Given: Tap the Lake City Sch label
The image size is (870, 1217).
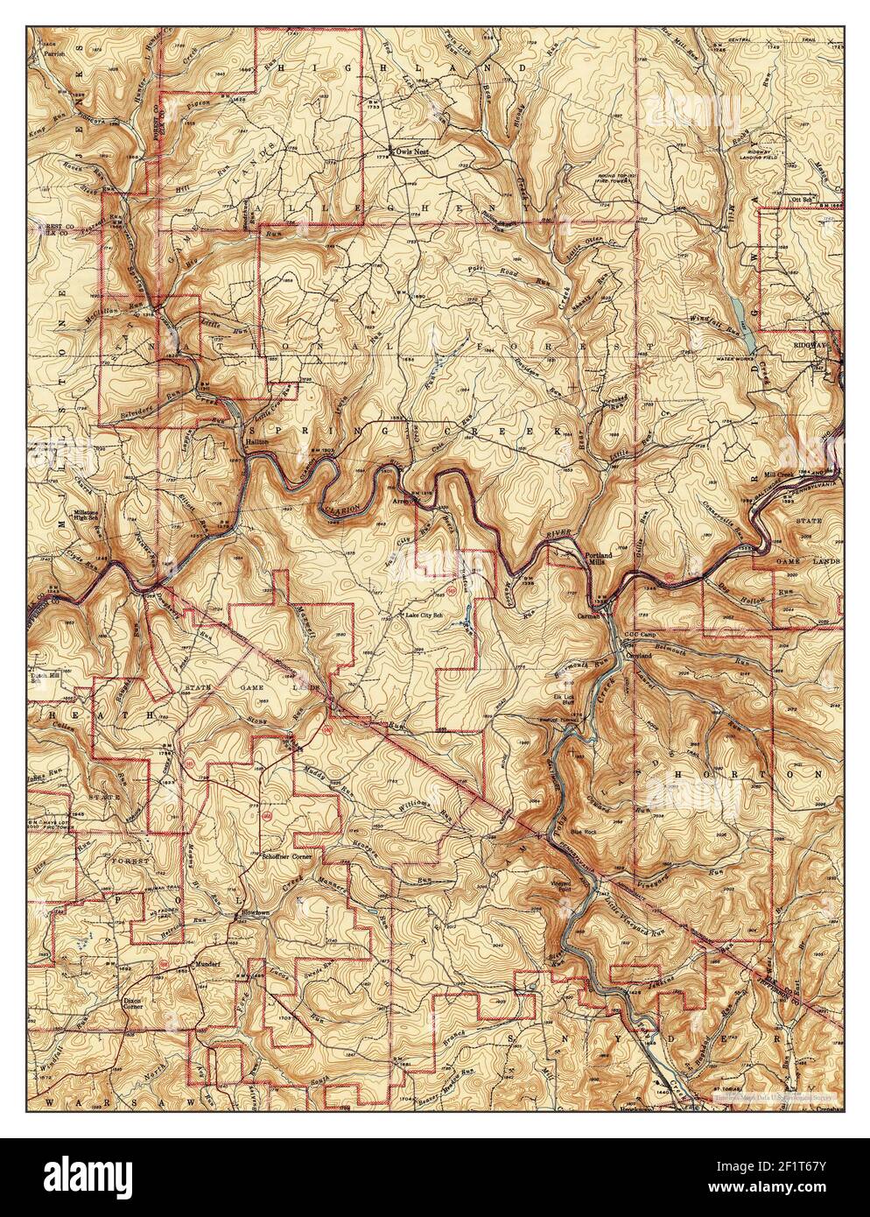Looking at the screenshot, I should click(425, 616).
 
